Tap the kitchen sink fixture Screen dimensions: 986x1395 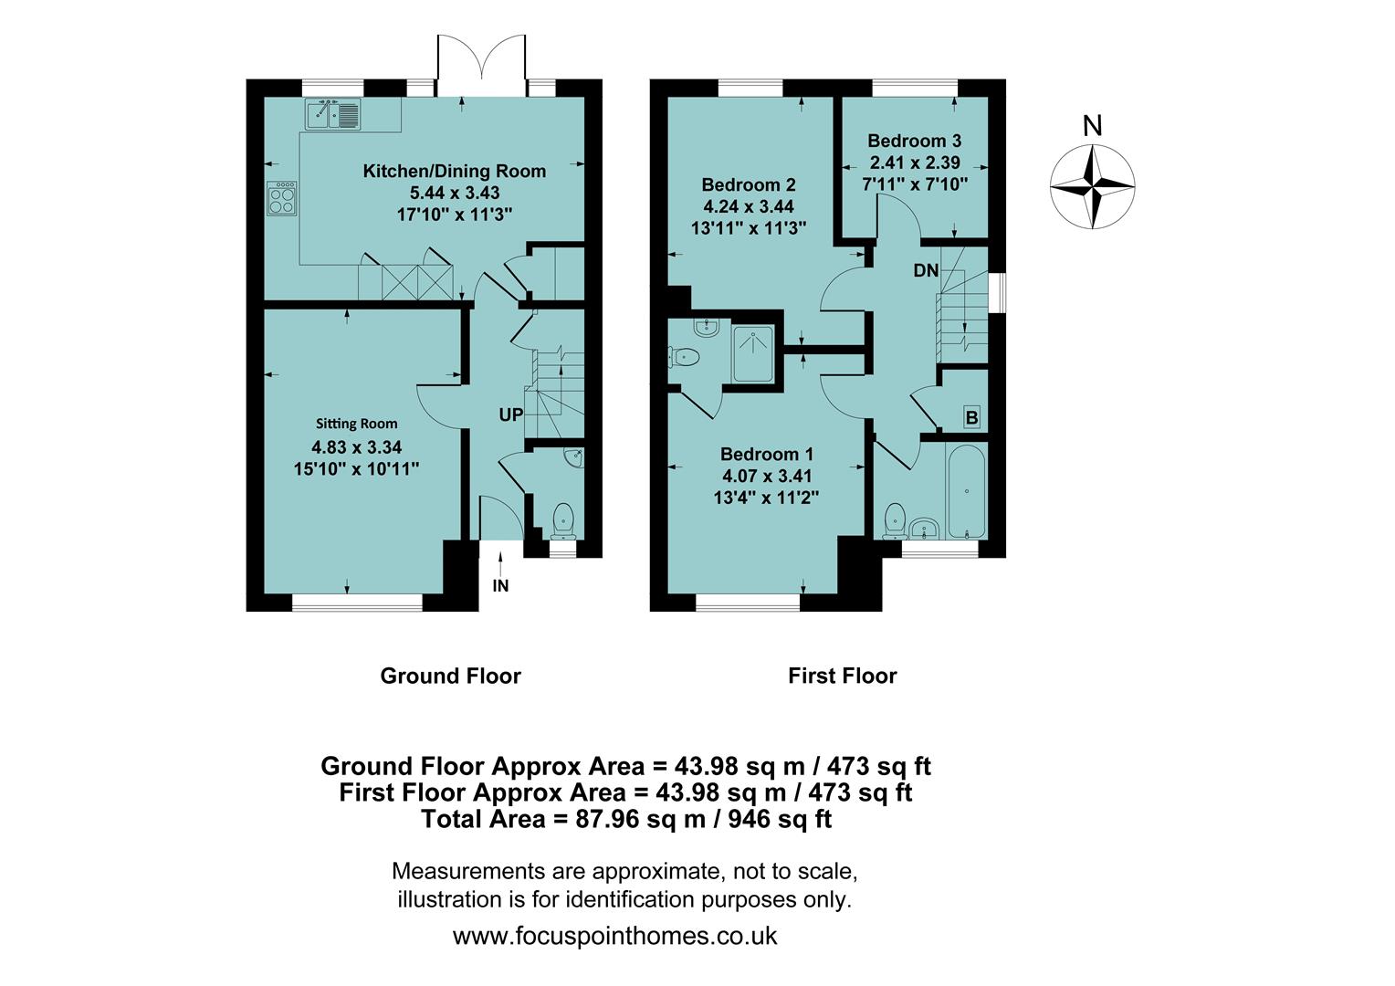(x=333, y=115)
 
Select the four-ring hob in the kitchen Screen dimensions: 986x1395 (x=282, y=198)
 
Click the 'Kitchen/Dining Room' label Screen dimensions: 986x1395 (x=454, y=171)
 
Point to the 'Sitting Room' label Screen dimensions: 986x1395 (x=356, y=424)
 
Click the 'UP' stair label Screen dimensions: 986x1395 (x=510, y=414)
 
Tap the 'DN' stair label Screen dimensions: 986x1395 (x=926, y=270)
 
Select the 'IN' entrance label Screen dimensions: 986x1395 (x=500, y=586)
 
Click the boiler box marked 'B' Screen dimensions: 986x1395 (x=971, y=418)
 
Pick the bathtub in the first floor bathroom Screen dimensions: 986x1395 (x=966, y=492)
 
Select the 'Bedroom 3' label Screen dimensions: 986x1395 (x=914, y=141)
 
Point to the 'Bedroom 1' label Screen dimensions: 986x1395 (x=767, y=455)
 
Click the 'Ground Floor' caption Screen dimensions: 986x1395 (x=450, y=676)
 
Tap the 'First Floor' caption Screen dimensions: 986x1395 (x=842, y=676)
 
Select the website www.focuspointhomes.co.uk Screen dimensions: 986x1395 (x=614, y=936)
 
